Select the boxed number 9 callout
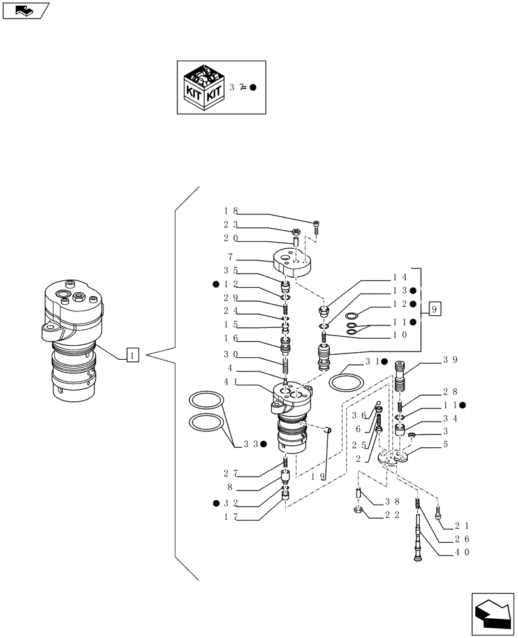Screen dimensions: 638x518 pyautogui.click(x=434, y=311)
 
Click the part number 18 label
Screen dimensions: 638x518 pyautogui.click(x=230, y=210)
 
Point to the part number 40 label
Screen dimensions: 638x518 pyautogui.click(x=463, y=553)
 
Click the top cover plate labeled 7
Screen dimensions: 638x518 pyautogui.click(x=291, y=262)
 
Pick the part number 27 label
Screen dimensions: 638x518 pyautogui.click(x=230, y=473)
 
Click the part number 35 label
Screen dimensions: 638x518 pyautogui.click(x=230, y=270)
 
